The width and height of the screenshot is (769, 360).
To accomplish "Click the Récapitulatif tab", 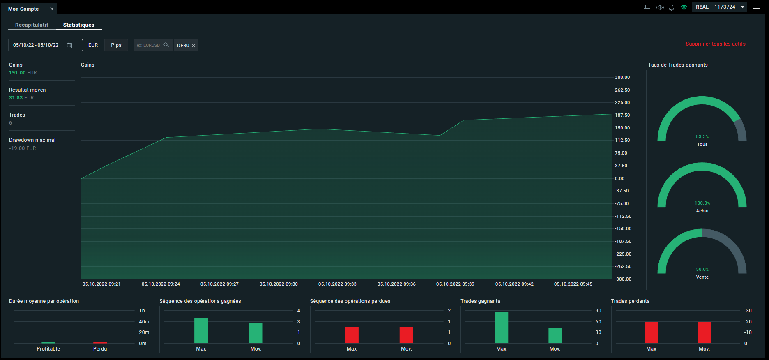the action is [32, 25].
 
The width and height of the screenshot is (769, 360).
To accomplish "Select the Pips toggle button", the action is [116, 45].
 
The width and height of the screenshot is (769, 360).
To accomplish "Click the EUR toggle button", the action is [93, 45].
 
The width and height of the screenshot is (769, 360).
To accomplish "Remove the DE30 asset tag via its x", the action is [193, 46].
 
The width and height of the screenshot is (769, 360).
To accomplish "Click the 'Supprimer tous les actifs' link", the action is [716, 44].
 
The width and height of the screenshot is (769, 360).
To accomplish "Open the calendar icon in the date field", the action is [69, 45].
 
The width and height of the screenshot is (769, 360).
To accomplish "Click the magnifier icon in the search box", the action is [166, 45].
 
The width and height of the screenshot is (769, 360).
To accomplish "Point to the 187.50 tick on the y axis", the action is [622, 115].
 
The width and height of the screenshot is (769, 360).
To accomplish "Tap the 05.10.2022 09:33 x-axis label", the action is [337, 284].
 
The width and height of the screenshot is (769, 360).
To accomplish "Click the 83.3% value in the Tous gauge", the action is [702, 136].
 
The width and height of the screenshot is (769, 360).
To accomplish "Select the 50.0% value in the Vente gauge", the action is [702, 269].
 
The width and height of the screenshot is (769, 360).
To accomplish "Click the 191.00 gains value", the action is [17, 73].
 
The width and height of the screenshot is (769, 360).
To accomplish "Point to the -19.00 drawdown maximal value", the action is [17, 148].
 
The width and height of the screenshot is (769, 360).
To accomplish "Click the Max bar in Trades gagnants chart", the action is [501, 328].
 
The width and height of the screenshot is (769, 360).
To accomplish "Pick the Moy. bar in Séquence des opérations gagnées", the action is [256, 333].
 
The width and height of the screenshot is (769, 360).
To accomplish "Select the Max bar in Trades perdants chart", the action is [651, 332].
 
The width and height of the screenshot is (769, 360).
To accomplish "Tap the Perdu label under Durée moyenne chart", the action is [100, 349].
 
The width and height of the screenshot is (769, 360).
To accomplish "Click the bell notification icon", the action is [671, 7].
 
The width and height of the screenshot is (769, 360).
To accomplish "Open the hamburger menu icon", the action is [756, 7].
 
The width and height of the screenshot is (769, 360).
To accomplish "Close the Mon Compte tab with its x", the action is [52, 9].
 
